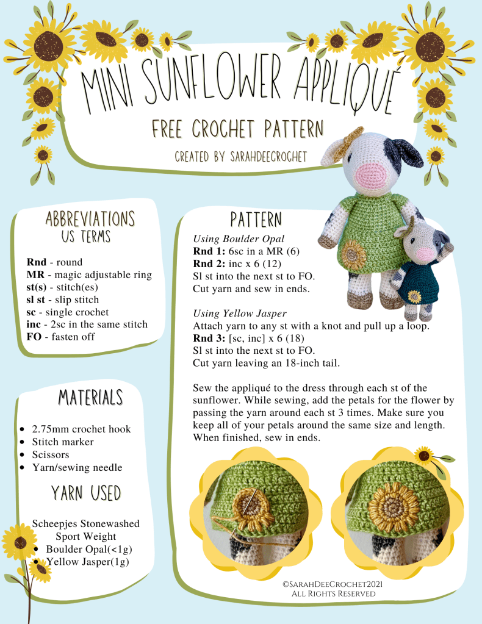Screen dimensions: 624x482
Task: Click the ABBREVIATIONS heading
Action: pos(90,219)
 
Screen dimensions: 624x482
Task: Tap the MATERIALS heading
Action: pos(90,397)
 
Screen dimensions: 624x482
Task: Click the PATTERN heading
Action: pos(256,220)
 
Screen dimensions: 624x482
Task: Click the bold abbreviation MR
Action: pos(35,274)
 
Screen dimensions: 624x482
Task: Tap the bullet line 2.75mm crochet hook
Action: pos(81,429)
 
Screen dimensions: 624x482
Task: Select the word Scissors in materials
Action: pos(51,454)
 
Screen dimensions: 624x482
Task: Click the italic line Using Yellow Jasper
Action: pos(240,313)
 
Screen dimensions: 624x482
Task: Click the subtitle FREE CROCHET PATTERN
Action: pos(238,129)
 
